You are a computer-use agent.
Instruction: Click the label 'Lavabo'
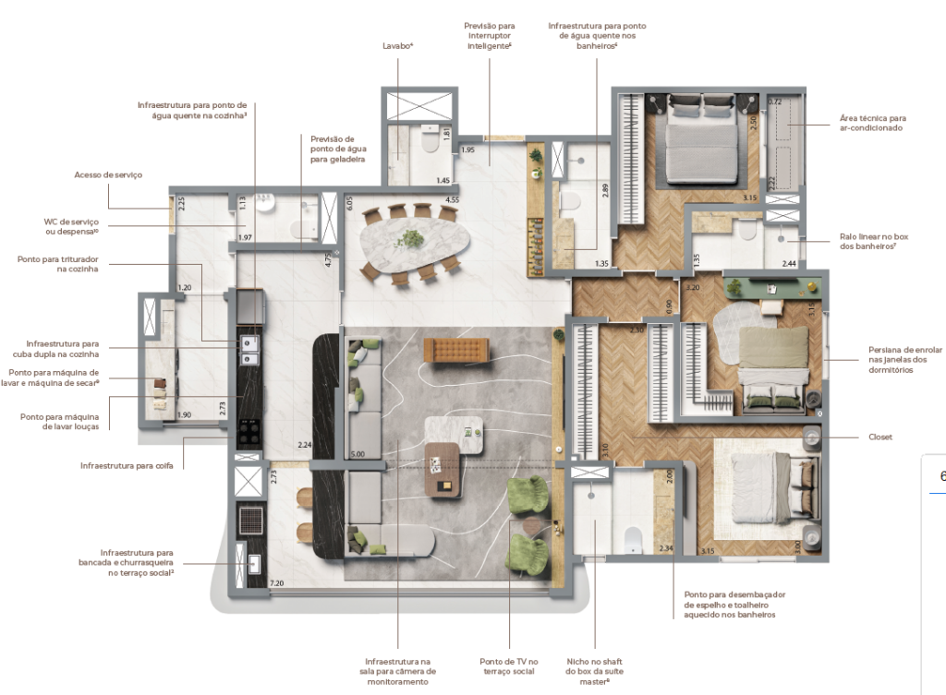[x=397, y=44]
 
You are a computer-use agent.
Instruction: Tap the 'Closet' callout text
[x=880, y=437]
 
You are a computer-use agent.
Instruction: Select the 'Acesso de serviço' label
[x=108, y=174]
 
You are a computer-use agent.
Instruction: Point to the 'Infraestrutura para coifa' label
[x=132, y=465]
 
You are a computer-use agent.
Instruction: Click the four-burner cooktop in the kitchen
[x=249, y=428]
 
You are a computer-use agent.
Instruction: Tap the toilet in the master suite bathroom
[x=634, y=537]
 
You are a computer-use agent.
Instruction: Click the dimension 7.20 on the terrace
[x=276, y=583]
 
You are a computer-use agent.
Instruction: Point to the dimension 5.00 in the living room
[x=358, y=453]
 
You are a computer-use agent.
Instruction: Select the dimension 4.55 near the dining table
[x=452, y=199]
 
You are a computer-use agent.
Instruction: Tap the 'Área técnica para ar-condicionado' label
[x=872, y=123]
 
